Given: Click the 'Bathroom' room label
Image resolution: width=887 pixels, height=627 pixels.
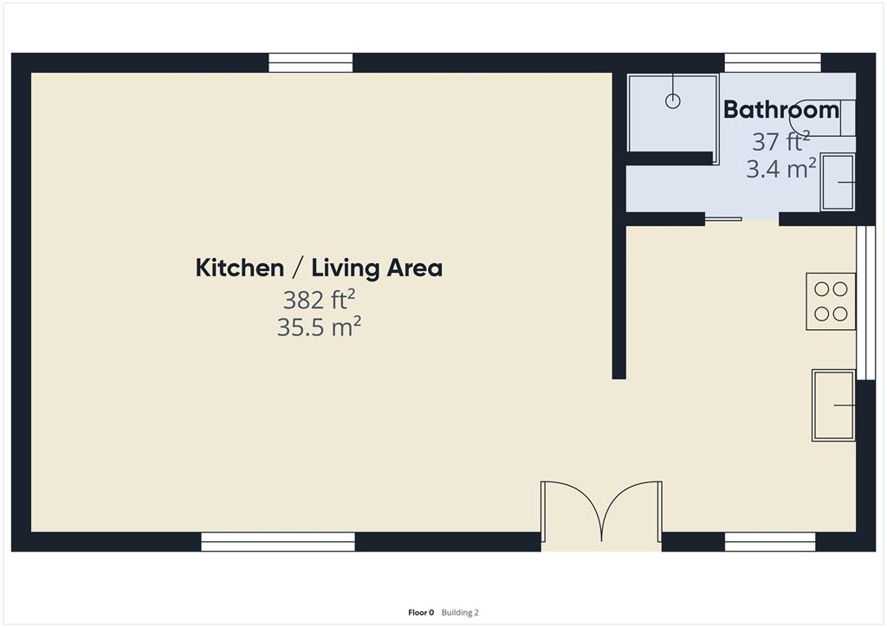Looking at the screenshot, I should pyautogui.click(x=780, y=110).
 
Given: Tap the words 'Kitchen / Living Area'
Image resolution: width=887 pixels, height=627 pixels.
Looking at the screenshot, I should pyautogui.click(x=319, y=268).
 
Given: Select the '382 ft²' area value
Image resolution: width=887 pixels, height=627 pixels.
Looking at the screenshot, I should pyautogui.click(x=319, y=300).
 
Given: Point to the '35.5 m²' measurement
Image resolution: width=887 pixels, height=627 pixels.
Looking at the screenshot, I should pyautogui.click(x=319, y=327).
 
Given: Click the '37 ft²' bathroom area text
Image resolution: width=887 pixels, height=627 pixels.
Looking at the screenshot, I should pyautogui.click(x=780, y=140).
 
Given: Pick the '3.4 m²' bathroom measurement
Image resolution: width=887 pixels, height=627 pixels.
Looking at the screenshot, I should pyautogui.click(x=780, y=168).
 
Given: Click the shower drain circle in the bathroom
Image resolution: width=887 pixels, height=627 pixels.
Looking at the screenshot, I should pyautogui.click(x=673, y=101).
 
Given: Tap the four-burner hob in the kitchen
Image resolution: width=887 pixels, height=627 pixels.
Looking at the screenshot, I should pyautogui.click(x=831, y=301).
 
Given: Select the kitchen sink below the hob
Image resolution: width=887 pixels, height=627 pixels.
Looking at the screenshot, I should pyautogui.click(x=833, y=405).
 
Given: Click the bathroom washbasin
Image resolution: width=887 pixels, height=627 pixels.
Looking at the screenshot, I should pyautogui.click(x=838, y=182).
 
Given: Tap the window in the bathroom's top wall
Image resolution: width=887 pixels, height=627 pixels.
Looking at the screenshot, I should pyautogui.click(x=773, y=63).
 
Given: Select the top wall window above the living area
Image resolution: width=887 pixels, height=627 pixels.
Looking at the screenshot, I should pyautogui.click(x=310, y=63).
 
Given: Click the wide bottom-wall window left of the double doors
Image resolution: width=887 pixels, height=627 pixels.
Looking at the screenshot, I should pyautogui.click(x=278, y=542).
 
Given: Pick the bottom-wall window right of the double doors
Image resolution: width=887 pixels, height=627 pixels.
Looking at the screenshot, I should pyautogui.click(x=770, y=542).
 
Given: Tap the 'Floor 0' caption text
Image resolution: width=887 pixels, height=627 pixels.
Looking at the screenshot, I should pyautogui.click(x=421, y=612).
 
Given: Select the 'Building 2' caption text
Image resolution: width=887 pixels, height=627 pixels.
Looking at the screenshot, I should pyautogui.click(x=460, y=612).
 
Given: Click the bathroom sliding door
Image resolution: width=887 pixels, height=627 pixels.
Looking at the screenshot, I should pyautogui.click(x=722, y=218).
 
